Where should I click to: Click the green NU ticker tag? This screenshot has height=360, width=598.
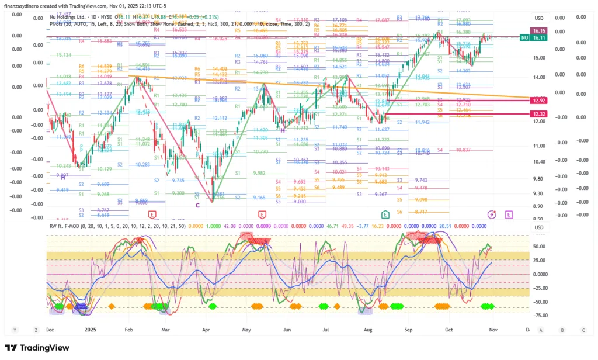(x=524, y=37)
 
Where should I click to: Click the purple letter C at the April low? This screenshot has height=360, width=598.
(x=197, y=205)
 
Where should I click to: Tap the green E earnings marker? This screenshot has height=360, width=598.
(x=385, y=214)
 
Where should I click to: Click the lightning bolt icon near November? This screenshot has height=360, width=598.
(x=492, y=214)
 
